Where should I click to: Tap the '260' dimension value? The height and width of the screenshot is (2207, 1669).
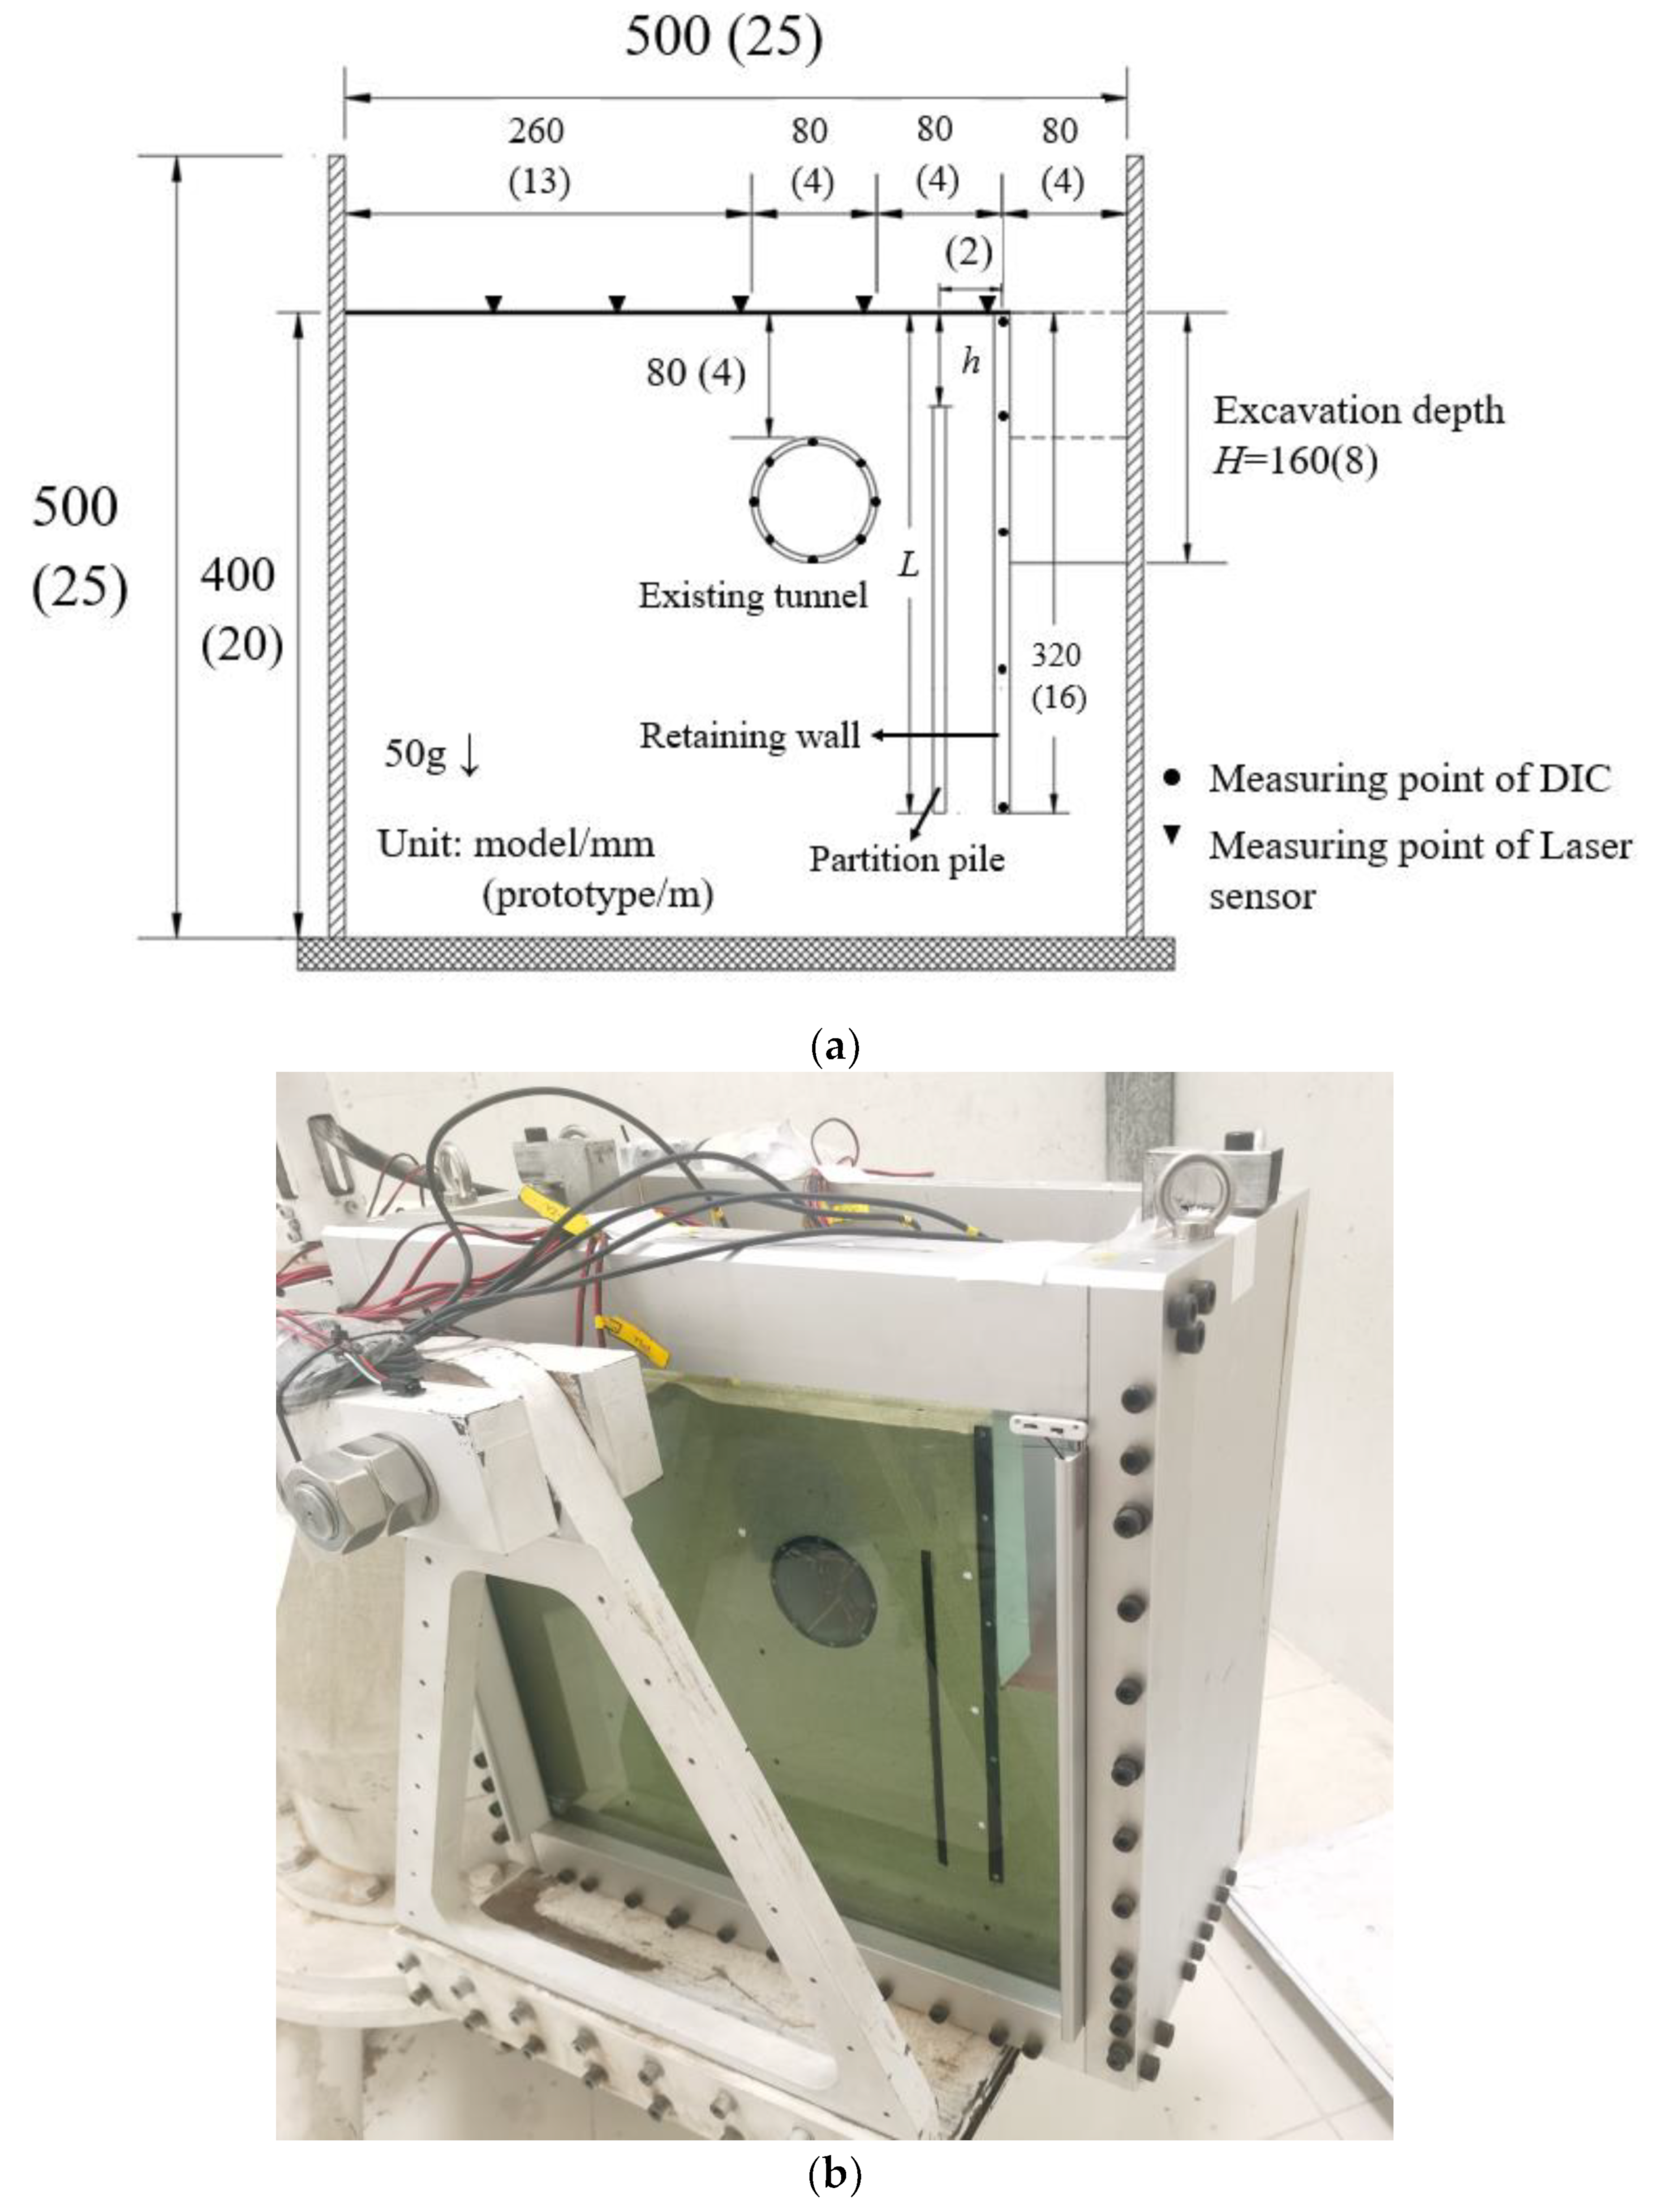pyautogui.click(x=537, y=131)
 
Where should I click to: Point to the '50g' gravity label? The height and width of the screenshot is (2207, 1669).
pyautogui.click(x=415, y=754)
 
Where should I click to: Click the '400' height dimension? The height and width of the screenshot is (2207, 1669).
pyautogui.click(x=238, y=576)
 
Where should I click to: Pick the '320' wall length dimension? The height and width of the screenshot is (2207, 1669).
pyautogui.click(x=1056, y=656)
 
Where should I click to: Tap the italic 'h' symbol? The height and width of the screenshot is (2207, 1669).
pyautogui.click(x=970, y=362)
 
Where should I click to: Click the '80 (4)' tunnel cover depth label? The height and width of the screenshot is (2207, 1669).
pyautogui.click(x=695, y=373)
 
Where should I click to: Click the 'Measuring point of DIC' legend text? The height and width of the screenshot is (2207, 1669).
pyautogui.click(x=1409, y=778)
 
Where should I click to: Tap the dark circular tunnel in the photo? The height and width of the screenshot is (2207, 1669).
pyautogui.click(x=823, y=1593)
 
